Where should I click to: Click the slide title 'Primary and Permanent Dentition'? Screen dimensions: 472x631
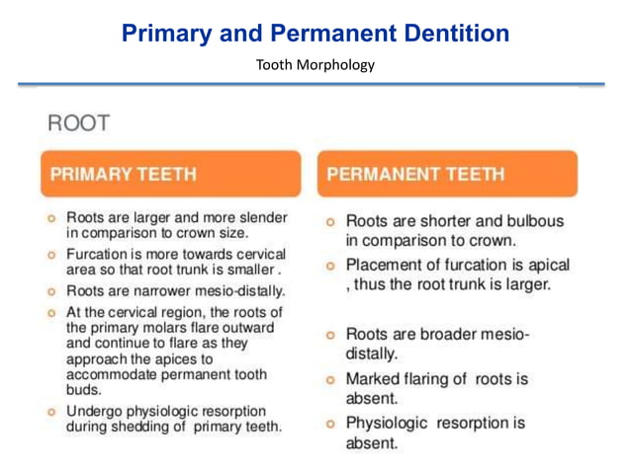(x=315, y=33)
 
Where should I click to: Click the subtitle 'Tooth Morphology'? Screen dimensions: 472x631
(x=315, y=65)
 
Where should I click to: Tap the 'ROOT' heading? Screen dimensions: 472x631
(x=77, y=124)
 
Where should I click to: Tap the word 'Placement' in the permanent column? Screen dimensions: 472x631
(x=386, y=265)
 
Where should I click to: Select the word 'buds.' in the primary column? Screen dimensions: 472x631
(x=83, y=391)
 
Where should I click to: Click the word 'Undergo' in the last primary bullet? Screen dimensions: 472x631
(x=95, y=411)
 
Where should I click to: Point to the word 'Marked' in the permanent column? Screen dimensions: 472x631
(x=374, y=380)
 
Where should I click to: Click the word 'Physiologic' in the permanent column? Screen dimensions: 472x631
(x=386, y=424)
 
